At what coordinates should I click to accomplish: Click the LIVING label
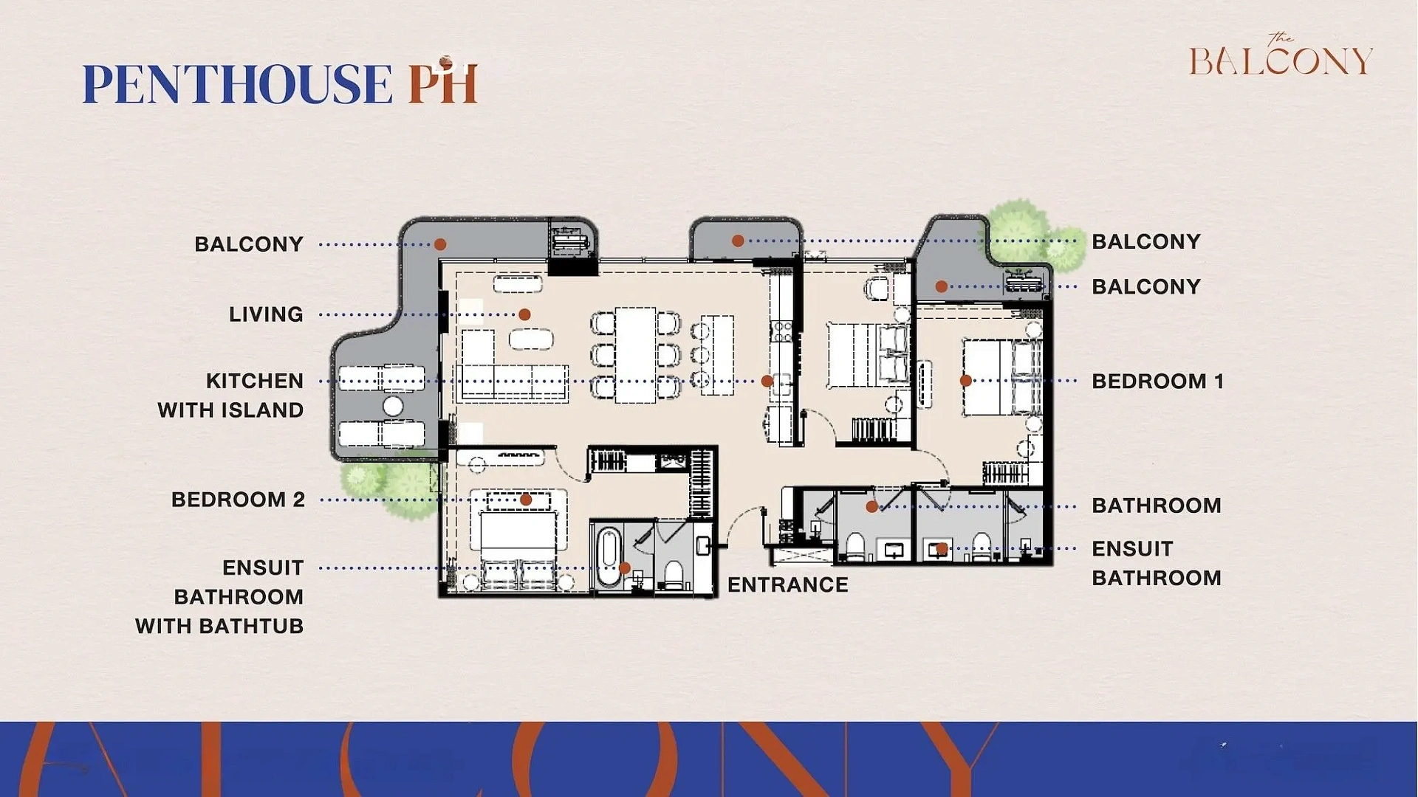point(266,314)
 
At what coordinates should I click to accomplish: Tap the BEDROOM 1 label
point(1157,382)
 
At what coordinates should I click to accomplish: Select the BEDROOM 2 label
point(238,500)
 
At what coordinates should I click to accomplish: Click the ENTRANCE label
point(787,584)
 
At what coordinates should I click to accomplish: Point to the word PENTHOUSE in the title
point(237,83)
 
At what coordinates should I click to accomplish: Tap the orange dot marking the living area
point(524,314)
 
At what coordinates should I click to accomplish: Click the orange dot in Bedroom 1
point(965,381)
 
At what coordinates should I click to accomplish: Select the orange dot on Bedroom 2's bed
point(526,500)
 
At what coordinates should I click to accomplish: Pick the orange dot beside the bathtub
point(625,567)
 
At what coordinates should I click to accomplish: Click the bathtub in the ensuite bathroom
point(609,557)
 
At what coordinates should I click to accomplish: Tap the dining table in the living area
point(635,355)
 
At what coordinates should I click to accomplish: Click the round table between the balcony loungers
point(393,406)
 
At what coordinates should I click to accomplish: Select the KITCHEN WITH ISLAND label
point(230,396)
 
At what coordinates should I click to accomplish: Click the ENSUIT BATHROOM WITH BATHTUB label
point(219,596)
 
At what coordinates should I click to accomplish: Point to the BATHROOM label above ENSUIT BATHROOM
point(1157,506)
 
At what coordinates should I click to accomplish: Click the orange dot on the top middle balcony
point(737,241)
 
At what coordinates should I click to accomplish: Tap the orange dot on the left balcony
point(440,244)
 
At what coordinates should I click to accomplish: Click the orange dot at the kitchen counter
point(767,381)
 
